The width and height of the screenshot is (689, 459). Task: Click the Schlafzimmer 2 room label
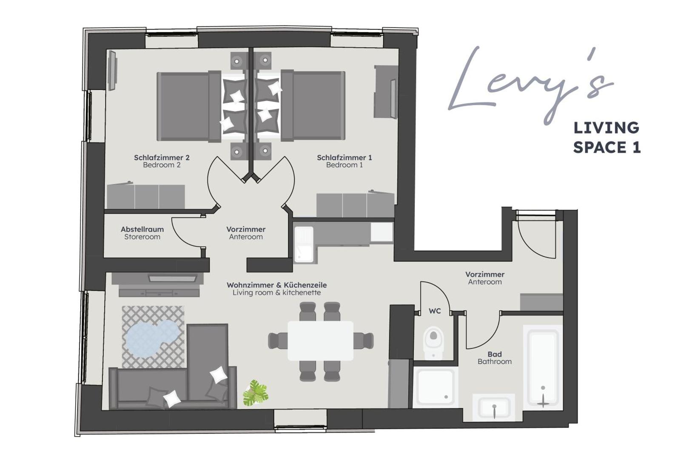click(x=162, y=161)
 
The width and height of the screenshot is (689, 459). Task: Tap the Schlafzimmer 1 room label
click(x=344, y=161)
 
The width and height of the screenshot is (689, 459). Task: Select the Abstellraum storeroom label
click(x=142, y=233)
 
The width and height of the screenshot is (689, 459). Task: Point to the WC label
click(x=435, y=311)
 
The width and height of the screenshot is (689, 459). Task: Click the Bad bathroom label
click(x=494, y=358)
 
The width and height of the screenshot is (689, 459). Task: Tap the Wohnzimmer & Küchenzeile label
click(x=276, y=289)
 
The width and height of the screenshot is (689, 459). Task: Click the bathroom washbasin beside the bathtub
click(x=494, y=407)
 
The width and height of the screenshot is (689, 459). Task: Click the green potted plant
click(x=255, y=393)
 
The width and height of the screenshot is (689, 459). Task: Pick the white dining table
click(x=320, y=340)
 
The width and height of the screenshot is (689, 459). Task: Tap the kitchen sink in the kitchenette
click(x=304, y=244)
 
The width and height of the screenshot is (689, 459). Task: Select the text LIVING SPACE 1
click(x=606, y=137)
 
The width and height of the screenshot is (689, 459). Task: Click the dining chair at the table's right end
click(x=364, y=340)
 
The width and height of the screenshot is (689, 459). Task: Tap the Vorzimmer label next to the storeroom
click(x=246, y=233)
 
